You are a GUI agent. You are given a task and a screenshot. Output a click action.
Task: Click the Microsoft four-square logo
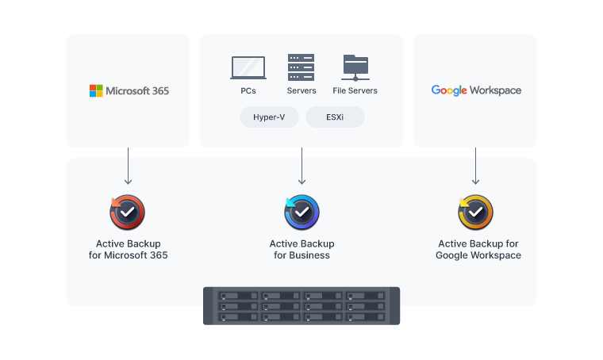pyautogui.click(x=96, y=90)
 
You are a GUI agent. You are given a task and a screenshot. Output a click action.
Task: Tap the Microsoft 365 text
pyautogui.click(x=137, y=90)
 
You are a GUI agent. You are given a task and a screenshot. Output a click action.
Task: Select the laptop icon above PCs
pyautogui.click(x=248, y=67)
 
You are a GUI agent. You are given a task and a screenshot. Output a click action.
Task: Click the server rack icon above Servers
pyautogui.click(x=301, y=67)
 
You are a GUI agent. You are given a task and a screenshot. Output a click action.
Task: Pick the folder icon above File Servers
pyautogui.click(x=355, y=67)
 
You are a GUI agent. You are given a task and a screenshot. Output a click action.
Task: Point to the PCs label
pyautogui.click(x=248, y=90)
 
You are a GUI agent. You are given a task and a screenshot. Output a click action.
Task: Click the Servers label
pyautogui.click(x=301, y=90)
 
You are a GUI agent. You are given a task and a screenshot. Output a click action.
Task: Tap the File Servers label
pyautogui.click(x=355, y=90)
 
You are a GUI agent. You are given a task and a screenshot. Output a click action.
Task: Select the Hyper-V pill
pyautogui.click(x=270, y=117)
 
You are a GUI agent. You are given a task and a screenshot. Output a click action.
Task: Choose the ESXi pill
pyautogui.click(x=335, y=117)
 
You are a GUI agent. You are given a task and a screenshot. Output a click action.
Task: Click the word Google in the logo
pyautogui.click(x=449, y=90)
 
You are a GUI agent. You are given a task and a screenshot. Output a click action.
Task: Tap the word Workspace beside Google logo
pyautogui.click(x=495, y=90)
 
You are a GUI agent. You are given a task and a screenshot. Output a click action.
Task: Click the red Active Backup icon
pyautogui.click(x=127, y=212)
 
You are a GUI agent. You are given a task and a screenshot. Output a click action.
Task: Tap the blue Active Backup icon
pyautogui.click(x=301, y=212)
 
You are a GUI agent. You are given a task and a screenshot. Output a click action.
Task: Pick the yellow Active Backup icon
pyautogui.click(x=475, y=212)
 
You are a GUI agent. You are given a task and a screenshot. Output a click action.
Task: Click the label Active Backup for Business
pyautogui.click(x=301, y=249)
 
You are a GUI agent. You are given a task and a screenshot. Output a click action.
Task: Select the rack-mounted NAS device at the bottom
pyautogui.click(x=301, y=305)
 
